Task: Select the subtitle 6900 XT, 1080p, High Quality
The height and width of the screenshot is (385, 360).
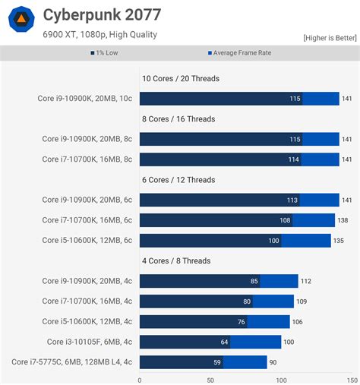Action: (x=99, y=34)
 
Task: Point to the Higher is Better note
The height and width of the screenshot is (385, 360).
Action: (x=330, y=37)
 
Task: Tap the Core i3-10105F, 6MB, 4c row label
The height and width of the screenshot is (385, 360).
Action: (x=90, y=342)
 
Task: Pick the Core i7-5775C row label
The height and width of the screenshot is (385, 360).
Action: (x=72, y=362)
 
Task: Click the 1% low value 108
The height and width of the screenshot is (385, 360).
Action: (x=285, y=220)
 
